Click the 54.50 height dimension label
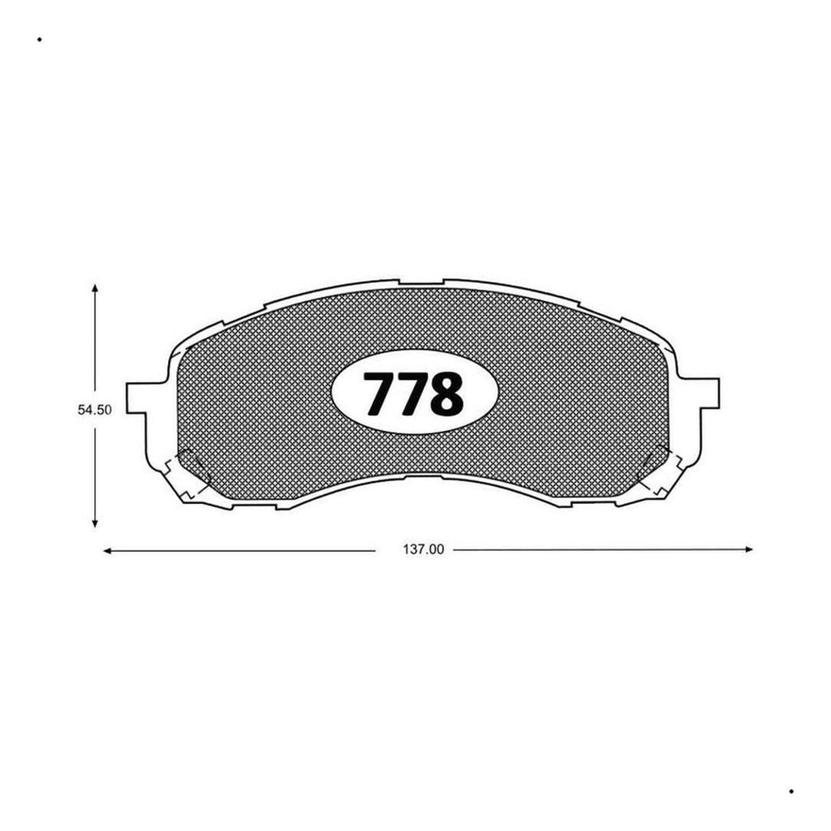pos(95,410)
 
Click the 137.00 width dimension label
pos(424,549)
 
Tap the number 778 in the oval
pos(413,393)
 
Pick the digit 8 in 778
pos(447,393)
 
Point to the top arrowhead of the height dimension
pos(95,288)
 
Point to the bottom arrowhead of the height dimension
pos(95,523)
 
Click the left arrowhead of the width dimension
pos(106,551)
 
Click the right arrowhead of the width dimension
pos(748,549)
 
